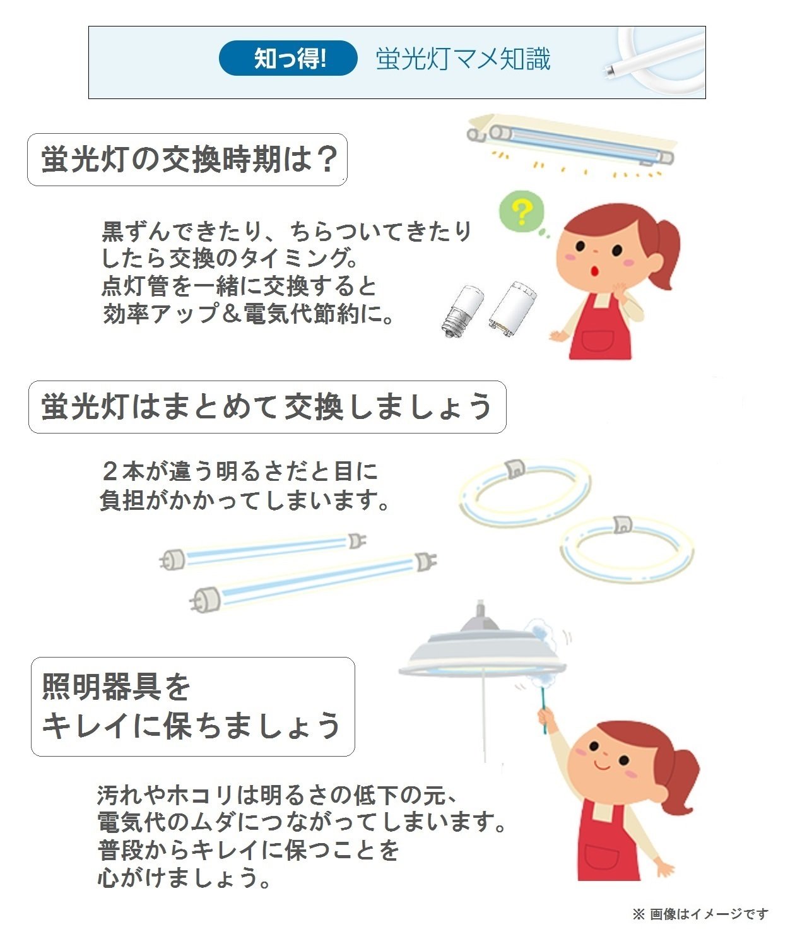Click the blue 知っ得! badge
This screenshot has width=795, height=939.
click(288, 59)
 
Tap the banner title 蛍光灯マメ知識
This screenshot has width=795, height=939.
click(463, 59)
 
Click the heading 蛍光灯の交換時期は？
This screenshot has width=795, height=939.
click(187, 160)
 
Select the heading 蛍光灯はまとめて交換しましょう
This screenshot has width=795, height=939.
click(267, 407)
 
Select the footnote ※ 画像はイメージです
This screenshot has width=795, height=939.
click(700, 914)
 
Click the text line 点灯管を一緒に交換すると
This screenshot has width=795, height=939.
click(239, 286)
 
